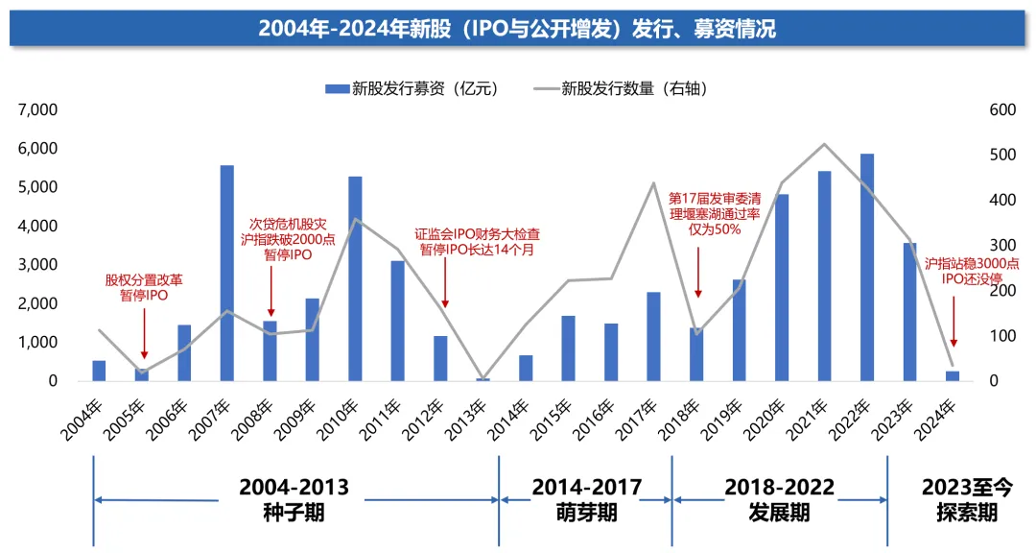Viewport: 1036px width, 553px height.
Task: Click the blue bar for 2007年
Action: (x=227, y=273)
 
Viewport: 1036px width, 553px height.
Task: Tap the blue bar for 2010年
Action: (x=355, y=278)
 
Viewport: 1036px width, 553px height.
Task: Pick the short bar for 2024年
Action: (x=953, y=375)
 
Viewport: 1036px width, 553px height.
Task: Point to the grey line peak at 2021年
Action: (x=824, y=144)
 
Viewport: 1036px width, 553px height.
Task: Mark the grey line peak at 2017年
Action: (x=653, y=183)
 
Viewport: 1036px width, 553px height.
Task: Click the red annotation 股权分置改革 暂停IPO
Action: (x=144, y=288)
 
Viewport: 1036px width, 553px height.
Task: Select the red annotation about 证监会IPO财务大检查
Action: (x=477, y=241)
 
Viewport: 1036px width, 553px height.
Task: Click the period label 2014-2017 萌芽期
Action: (x=586, y=499)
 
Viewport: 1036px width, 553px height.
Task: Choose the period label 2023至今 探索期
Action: (x=966, y=499)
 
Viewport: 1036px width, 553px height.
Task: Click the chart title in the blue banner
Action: (x=517, y=28)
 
